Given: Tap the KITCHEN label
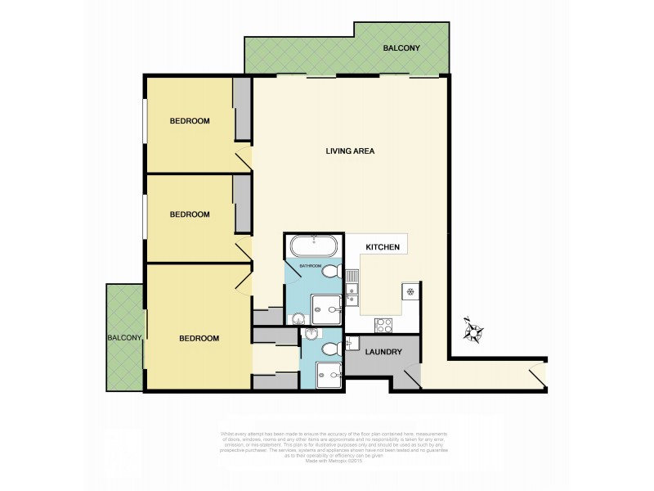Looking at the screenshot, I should click(x=383, y=246).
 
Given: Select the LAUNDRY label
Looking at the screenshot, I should click(x=383, y=353).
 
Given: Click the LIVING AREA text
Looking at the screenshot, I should click(x=350, y=151).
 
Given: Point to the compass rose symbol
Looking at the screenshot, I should click(x=473, y=331).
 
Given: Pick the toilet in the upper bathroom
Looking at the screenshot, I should click(x=330, y=273).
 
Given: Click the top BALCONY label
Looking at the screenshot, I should click(x=401, y=49).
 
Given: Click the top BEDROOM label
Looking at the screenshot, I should click(x=190, y=121).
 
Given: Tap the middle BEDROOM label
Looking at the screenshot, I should click(x=190, y=214).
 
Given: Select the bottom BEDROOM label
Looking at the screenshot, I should click(x=199, y=338).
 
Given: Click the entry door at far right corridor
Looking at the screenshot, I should click(x=536, y=376).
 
